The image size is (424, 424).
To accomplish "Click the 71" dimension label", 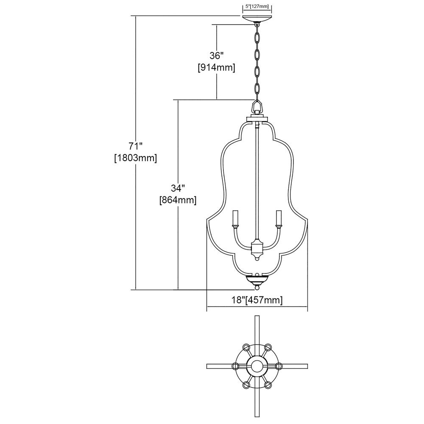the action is pos(136,146).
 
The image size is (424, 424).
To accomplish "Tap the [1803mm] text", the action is pos(136,158).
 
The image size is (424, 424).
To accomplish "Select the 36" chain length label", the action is pos(217,56).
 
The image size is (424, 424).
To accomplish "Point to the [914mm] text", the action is pos(217,67).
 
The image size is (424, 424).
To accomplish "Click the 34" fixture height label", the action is pos(178,188).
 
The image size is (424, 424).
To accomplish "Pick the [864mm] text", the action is pos(178,200).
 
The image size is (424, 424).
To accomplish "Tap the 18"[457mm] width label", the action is pos(257,300).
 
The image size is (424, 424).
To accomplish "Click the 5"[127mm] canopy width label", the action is pos(257,6).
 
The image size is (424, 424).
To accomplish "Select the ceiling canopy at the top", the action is pos(257,20).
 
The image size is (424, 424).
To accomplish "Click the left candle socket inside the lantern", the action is pos(236,218).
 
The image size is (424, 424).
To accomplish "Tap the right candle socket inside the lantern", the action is pos(278,218).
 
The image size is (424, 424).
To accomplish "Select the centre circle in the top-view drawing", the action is pos(257,366).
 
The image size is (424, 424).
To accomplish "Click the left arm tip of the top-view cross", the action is pos(207,366).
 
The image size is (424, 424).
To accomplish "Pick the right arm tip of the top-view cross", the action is pos(307,366).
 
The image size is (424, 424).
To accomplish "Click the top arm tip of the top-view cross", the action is pos(257,316).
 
